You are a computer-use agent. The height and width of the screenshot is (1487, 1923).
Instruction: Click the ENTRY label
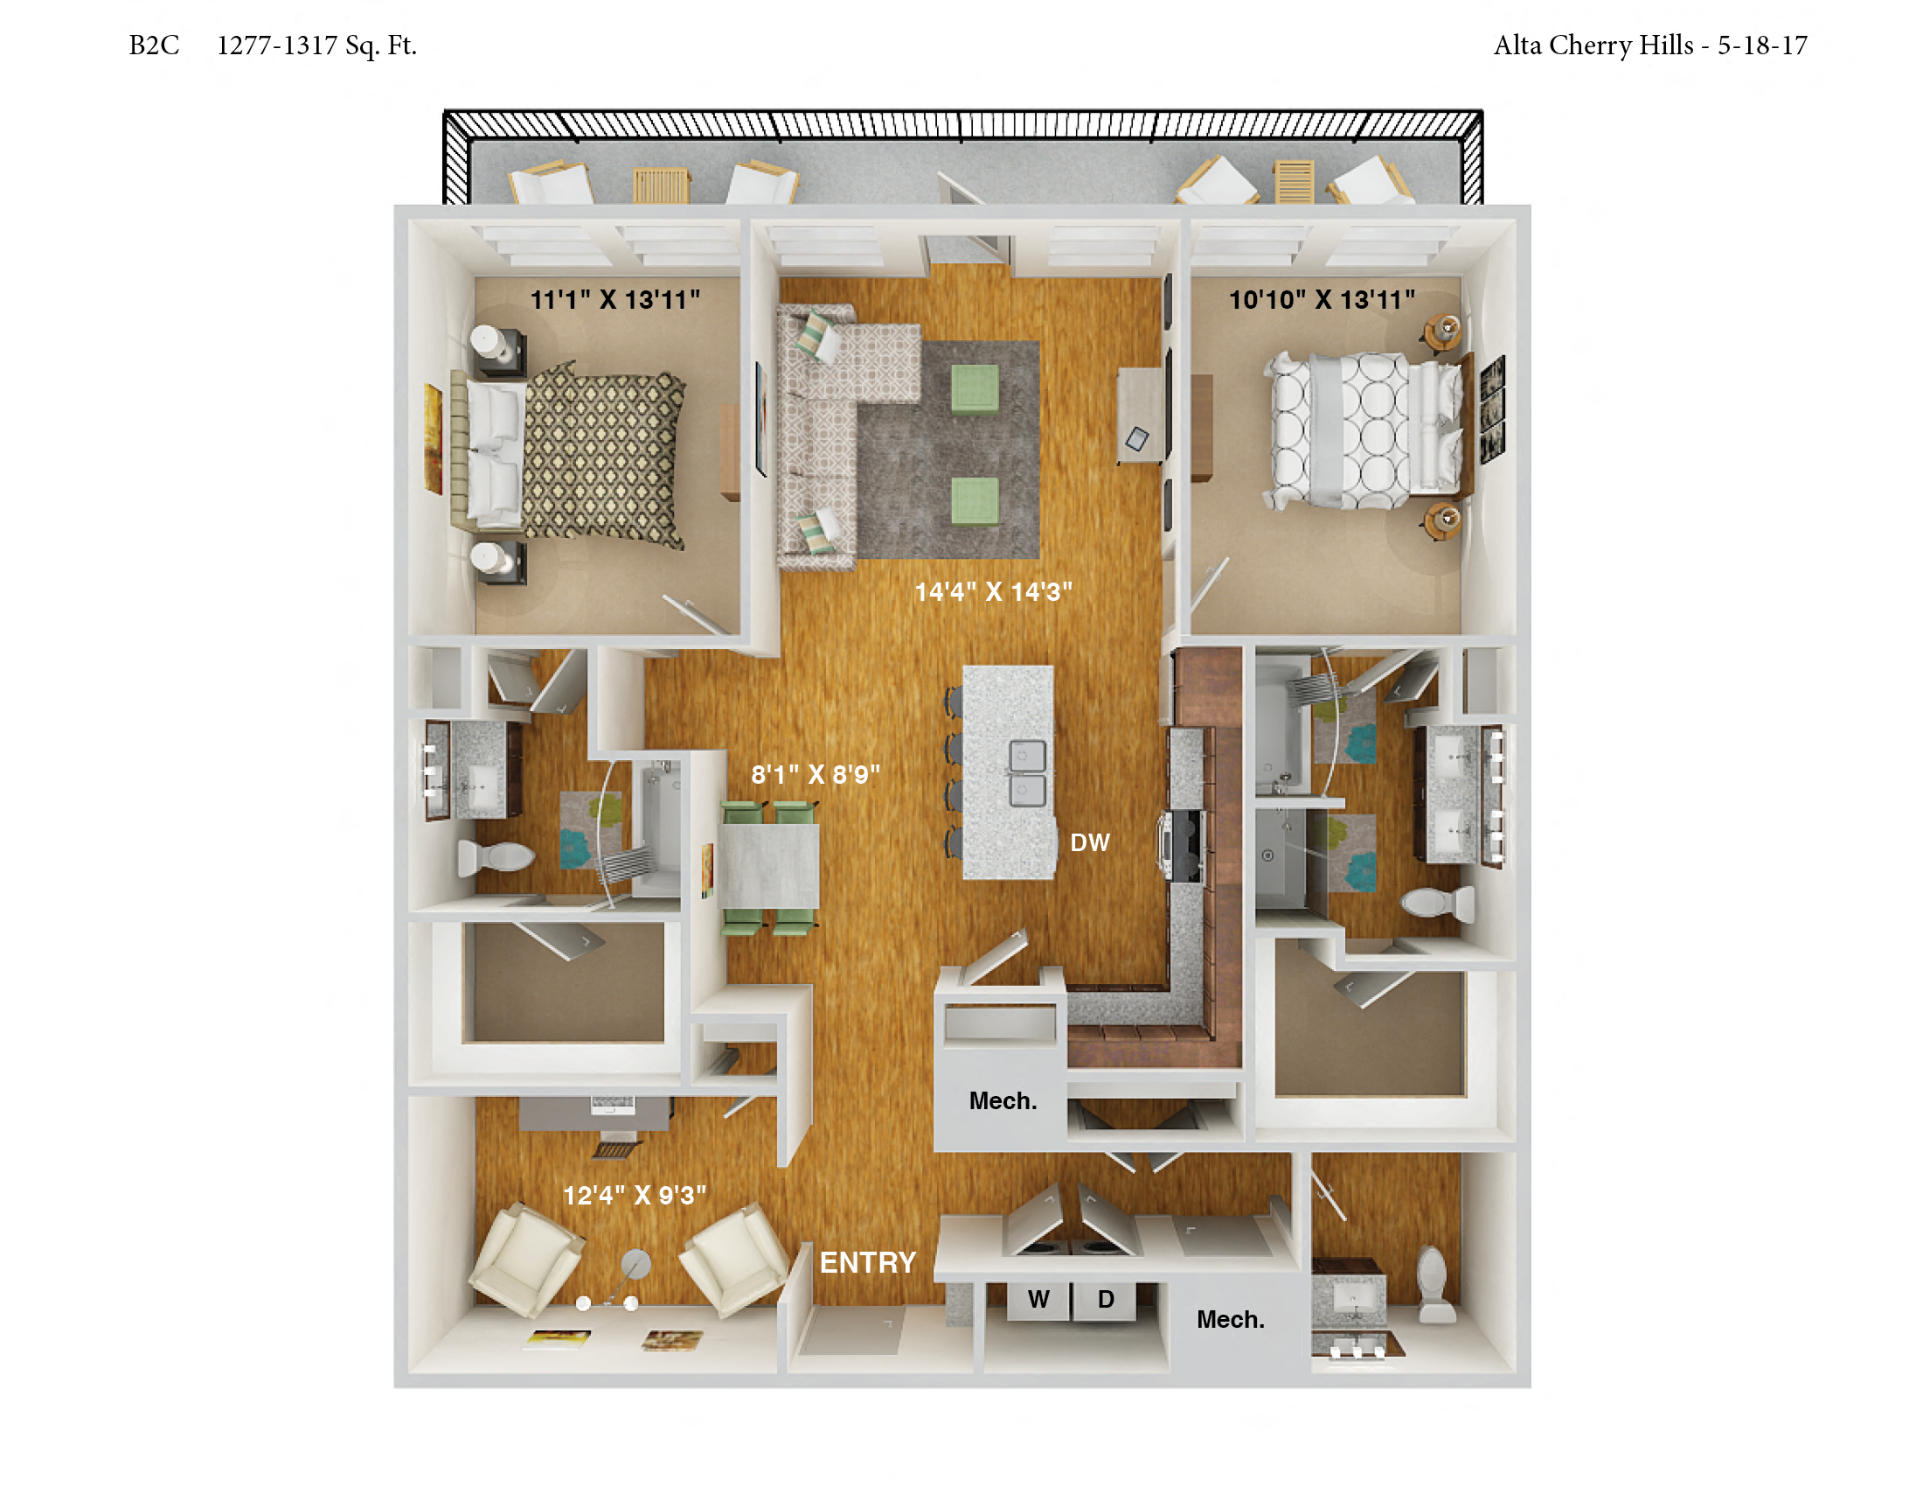(867, 1262)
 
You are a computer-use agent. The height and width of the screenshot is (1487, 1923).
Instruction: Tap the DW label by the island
(1089, 843)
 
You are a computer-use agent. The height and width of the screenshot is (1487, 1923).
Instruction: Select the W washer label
(1038, 1299)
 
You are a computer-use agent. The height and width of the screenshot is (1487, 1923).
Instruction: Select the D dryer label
(1106, 1299)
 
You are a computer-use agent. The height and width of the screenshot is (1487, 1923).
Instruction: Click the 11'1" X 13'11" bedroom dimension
(614, 299)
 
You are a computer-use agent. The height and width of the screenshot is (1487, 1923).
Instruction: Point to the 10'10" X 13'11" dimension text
(1322, 299)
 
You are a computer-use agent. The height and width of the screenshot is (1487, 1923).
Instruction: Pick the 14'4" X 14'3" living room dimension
(993, 591)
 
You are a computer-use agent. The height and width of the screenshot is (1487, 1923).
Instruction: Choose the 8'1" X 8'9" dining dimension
(816, 774)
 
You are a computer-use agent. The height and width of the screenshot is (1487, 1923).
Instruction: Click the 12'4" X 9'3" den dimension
(634, 1196)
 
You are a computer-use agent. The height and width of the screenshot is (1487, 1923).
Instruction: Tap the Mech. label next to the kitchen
(1003, 1101)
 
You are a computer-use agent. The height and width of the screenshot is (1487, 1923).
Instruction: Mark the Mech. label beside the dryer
(1230, 1320)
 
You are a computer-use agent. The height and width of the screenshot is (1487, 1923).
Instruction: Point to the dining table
(770, 866)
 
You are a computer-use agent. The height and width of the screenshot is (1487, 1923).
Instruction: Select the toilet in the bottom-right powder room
(1434, 1283)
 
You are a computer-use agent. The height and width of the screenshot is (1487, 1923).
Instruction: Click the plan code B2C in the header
(154, 45)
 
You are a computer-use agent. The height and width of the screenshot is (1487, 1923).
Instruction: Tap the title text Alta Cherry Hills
(1593, 45)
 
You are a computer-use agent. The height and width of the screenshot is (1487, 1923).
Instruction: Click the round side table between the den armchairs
(635, 1264)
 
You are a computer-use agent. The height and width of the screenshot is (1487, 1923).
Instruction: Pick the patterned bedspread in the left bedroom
(604, 455)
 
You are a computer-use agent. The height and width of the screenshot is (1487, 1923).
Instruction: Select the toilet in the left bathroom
(496, 856)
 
